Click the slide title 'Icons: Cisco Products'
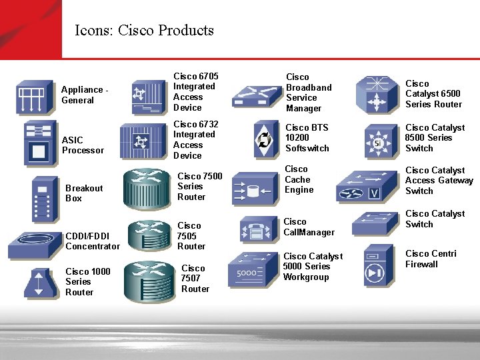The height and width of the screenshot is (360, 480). (x=144, y=30)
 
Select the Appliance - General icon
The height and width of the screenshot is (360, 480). (x=35, y=98)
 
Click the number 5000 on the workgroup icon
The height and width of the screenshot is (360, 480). (x=247, y=272)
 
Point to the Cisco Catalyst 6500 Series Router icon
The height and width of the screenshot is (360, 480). (x=378, y=94)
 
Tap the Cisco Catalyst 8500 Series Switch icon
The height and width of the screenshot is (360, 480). (x=378, y=141)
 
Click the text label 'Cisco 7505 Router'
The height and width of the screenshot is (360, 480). (x=191, y=236)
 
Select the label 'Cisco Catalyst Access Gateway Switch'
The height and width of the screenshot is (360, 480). (x=439, y=181)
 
